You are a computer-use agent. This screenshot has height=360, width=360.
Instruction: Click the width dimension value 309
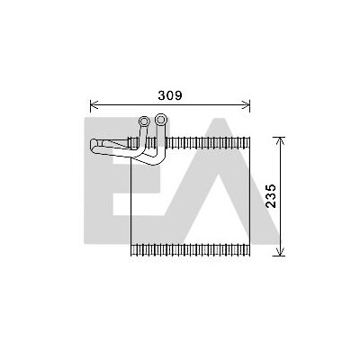coord(170,95)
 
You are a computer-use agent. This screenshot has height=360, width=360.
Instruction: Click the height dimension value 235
coord(271,196)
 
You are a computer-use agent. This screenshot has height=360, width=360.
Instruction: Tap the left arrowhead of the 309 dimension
coord(94,105)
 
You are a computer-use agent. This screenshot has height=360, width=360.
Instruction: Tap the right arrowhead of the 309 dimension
coord(246,105)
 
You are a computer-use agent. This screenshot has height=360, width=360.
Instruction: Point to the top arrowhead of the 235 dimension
coord(280,141)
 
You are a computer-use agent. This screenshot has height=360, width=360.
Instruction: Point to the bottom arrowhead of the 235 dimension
coord(280,252)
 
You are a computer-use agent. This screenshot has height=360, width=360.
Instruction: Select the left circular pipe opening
coord(144,121)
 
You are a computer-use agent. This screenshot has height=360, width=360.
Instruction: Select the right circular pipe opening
coord(161,120)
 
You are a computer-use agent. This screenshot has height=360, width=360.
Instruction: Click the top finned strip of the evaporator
coord(190,142)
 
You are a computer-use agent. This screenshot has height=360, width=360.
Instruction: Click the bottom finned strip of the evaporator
coord(191,250)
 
